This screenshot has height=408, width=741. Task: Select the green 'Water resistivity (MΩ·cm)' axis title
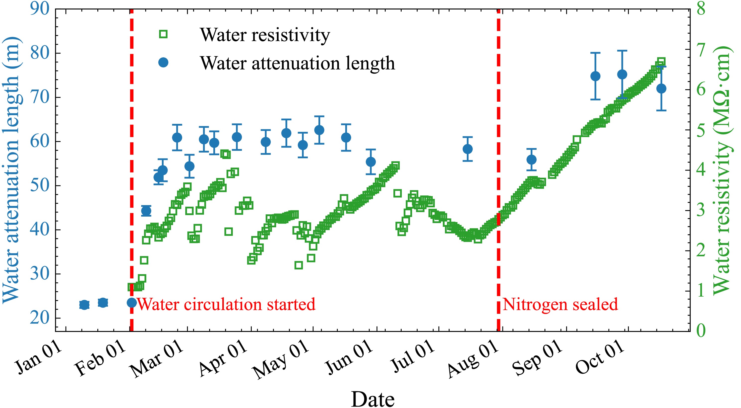point(722,170)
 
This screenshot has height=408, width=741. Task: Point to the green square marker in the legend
point(163,34)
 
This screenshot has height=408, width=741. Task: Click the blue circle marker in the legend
point(163,63)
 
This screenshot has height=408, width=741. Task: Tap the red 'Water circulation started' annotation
point(226,304)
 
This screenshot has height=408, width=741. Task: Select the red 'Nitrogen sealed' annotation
point(560,304)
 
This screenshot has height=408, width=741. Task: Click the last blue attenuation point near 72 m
point(661,88)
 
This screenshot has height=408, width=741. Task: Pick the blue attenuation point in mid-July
point(467,149)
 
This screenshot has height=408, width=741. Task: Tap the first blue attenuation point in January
point(84,305)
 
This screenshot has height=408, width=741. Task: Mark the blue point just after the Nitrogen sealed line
point(531,160)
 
